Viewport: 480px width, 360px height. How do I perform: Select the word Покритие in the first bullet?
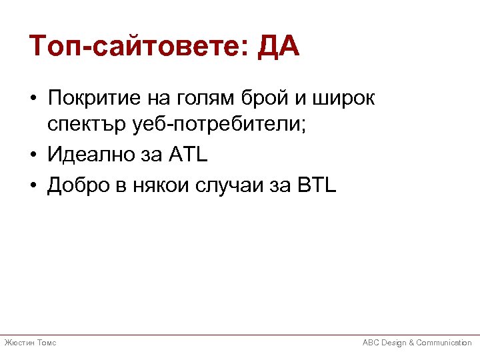coord(90,99)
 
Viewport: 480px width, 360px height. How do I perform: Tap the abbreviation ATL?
coord(189,155)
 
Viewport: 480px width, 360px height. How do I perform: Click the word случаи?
coord(231,185)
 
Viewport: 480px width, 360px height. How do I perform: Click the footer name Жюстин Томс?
coord(30,343)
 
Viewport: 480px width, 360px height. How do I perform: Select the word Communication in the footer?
coord(444,343)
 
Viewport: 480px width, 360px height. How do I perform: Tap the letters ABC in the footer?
coord(371,343)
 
